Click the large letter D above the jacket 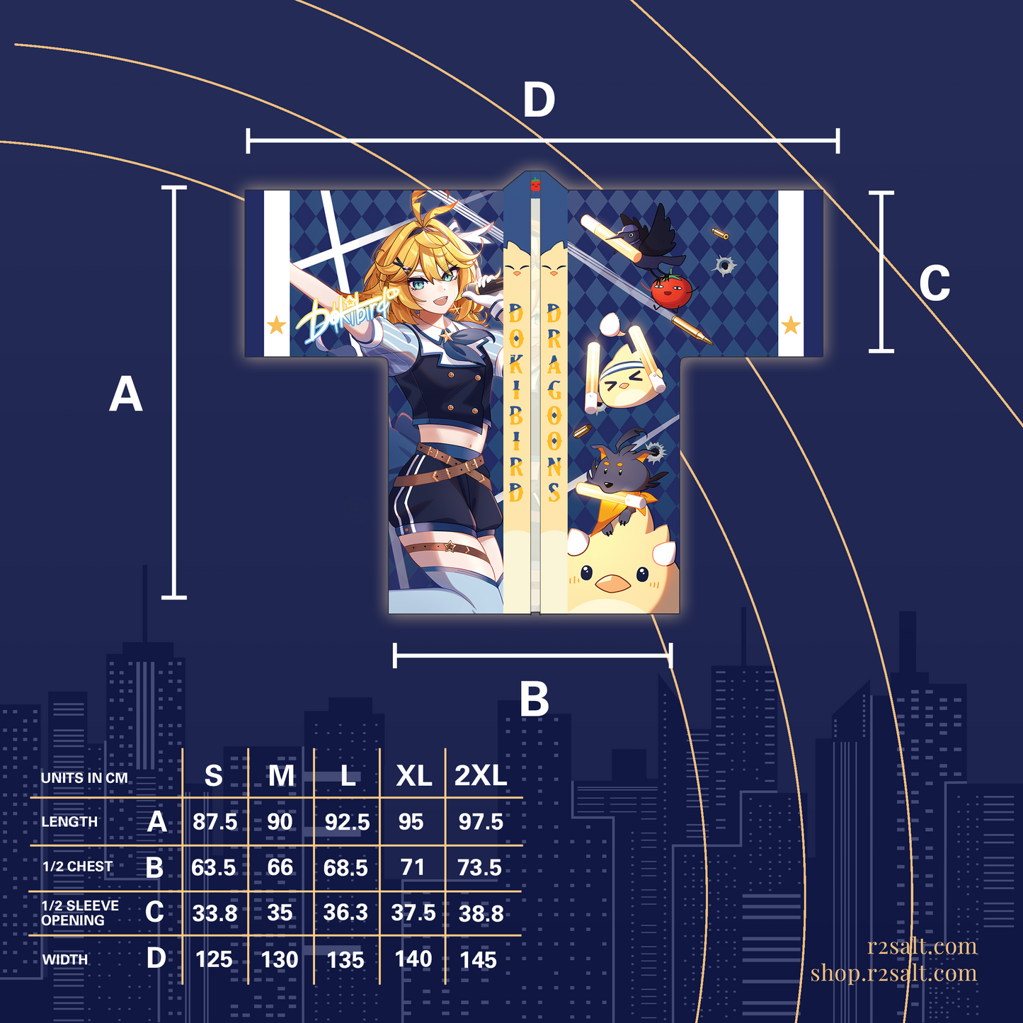539,100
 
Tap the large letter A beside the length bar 126,394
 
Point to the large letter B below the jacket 534,699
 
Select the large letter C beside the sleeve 935,282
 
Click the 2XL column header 481,776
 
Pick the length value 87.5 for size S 215,821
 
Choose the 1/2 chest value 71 413,867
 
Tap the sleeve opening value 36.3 345,913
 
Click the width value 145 478,959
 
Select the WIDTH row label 64,959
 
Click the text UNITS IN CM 84,778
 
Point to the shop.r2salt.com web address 893,973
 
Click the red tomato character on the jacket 671,290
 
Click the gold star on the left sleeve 276,324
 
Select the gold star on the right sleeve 791,324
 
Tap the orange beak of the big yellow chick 612,584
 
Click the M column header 281,776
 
